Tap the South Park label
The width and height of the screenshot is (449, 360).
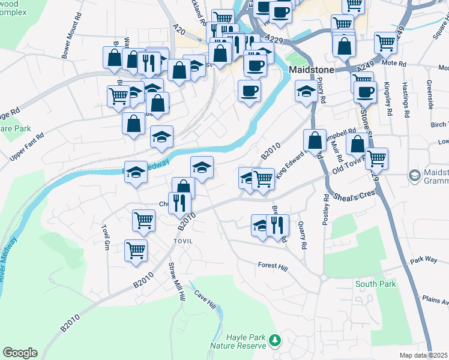tap(376, 284)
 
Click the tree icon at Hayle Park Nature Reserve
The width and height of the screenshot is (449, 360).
tap(275, 340)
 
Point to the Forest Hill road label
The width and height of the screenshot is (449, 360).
tap(273, 265)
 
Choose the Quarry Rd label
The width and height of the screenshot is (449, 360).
tap(302, 235)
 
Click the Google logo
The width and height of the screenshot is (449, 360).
tap(20, 353)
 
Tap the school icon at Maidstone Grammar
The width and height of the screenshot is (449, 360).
tap(414, 176)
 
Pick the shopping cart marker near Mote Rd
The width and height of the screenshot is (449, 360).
tap(385, 42)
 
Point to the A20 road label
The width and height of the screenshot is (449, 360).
tap(177, 28)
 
